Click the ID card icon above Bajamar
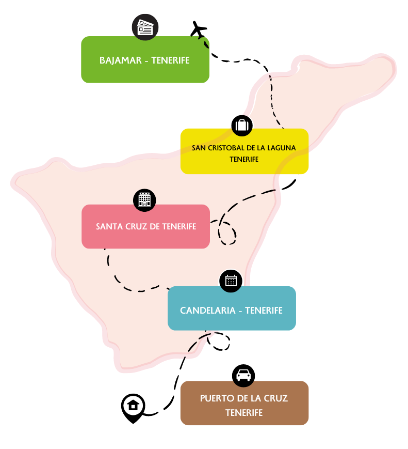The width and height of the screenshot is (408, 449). click(145, 27)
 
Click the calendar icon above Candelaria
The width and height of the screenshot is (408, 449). click(231, 281)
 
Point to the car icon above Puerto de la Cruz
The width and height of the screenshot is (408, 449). click(243, 376)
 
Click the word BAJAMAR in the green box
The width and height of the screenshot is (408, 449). click(120, 60)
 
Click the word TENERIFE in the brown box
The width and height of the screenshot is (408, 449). click(244, 413)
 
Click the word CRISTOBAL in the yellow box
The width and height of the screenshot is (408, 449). click(225, 148)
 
